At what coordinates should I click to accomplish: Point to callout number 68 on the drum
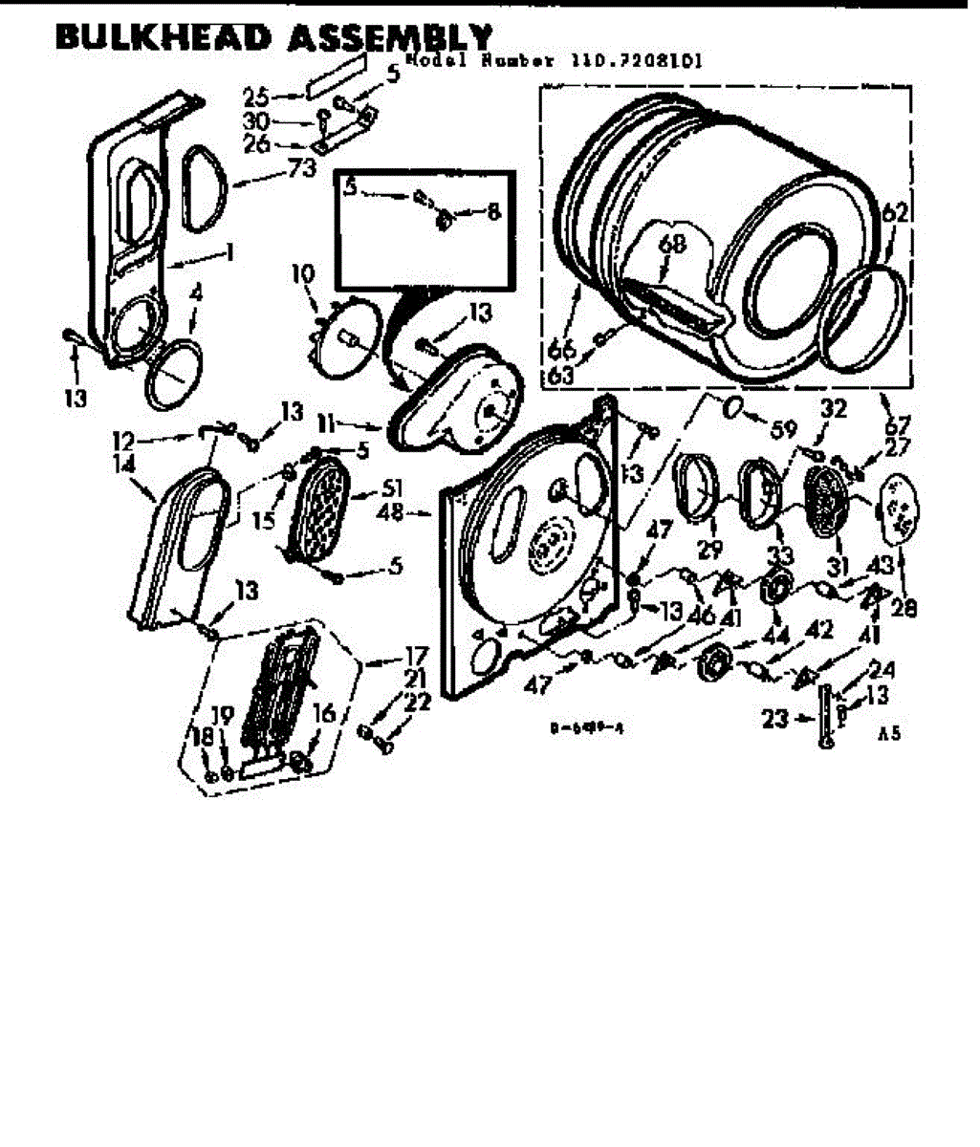(x=673, y=245)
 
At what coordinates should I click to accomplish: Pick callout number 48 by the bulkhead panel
(x=391, y=513)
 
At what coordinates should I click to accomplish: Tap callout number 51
(x=392, y=491)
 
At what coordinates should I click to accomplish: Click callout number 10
(x=303, y=274)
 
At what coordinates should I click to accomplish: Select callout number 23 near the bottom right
(x=775, y=718)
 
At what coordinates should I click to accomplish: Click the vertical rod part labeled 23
(x=823, y=719)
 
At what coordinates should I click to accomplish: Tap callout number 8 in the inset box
(x=493, y=214)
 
